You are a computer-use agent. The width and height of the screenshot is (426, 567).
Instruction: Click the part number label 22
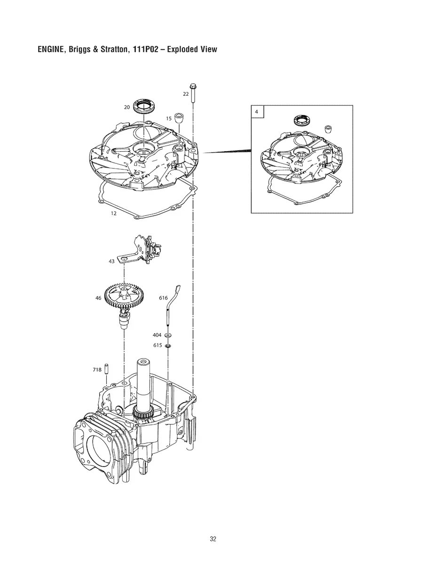point(186,94)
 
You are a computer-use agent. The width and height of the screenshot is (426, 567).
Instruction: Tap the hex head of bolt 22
point(193,86)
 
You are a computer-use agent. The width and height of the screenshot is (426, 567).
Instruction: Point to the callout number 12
point(113,214)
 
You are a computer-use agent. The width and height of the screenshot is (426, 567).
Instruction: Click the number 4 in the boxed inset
point(257,112)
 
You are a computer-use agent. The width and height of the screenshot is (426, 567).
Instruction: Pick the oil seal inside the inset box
point(301,120)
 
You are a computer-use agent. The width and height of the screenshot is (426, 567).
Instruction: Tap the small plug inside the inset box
point(328,129)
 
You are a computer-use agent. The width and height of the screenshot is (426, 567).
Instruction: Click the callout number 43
point(111,261)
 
